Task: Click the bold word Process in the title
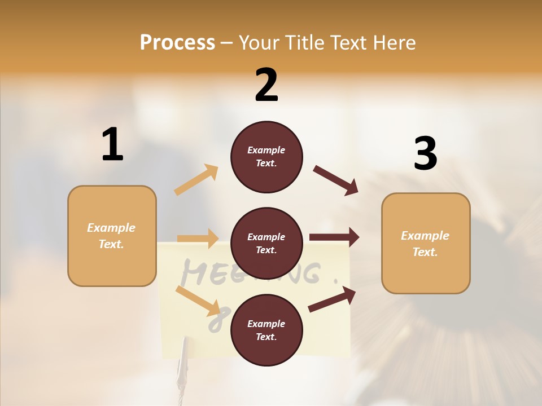[x=177, y=42]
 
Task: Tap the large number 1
[x=112, y=145]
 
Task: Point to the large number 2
[x=266, y=85]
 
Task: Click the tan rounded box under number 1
[x=112, y=236]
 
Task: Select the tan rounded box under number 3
[x=426, y=243]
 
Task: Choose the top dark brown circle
[x=266, y=157]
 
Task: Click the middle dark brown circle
[x=266, y=243]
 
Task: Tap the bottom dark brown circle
[x=266, y=330]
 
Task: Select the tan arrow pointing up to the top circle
[x=196, y=180]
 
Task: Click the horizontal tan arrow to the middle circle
[x=198, y=239]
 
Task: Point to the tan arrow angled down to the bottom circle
[x=198, y=301]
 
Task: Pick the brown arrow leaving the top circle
[x=336, y=180]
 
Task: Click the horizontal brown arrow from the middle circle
[x=334, y=237]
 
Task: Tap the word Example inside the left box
[x=111, y=228]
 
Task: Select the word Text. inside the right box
[x=425, y=252]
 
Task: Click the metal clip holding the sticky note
[x=183, y=361]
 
